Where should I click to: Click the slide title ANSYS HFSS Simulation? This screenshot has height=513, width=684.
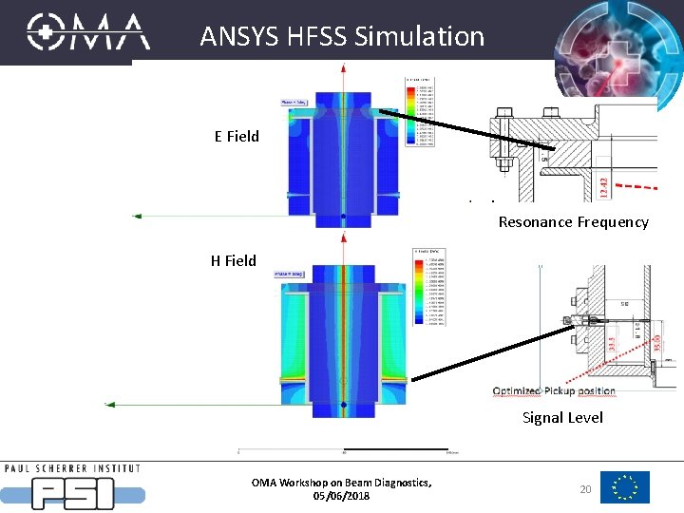pos(342,37)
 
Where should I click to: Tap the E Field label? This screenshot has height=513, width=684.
pos(237,136)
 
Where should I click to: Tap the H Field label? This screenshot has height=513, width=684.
pos(234,260)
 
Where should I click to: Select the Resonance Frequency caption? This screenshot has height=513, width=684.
pos(573,222)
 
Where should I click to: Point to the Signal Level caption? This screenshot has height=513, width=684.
pos(562,418)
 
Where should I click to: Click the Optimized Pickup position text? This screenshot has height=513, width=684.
pos(554,391)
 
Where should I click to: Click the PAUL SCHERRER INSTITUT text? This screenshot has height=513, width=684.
pos(72,468)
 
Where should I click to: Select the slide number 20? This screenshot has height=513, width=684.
pos(585,487)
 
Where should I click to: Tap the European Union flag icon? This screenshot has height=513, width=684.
pos(625,487)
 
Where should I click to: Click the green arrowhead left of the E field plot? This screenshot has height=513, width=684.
pos(137,217)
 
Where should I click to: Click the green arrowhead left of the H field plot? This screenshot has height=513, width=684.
pos(109,404)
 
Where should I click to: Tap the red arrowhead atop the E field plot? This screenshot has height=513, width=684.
pos(343,66)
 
